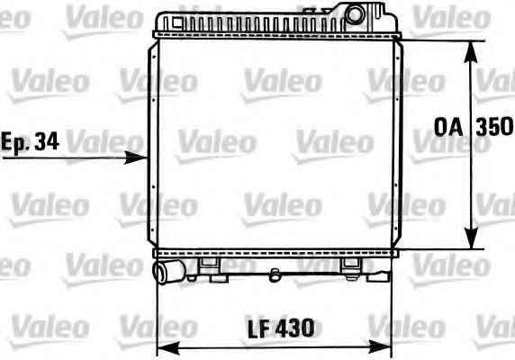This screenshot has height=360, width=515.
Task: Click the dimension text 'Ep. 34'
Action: click(30, 142)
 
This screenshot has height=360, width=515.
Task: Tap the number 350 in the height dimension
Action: click(494, 127)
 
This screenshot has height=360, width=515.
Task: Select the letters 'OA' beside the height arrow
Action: click(448, 127)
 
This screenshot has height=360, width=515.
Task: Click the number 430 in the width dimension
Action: click(294, 328)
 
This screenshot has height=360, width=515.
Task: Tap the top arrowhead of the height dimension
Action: click(471, 51)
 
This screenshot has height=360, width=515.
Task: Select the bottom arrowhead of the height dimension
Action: click(471, 238)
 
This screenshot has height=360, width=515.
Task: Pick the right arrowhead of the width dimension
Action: click(380, 347)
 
